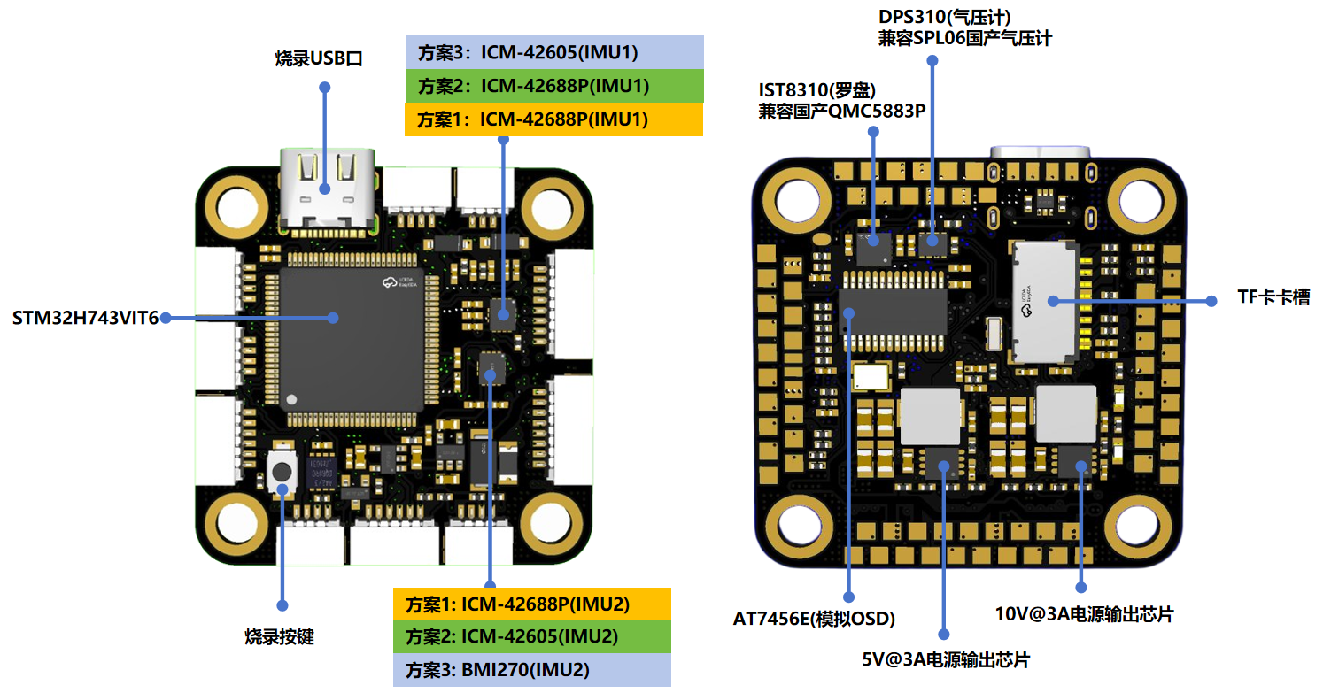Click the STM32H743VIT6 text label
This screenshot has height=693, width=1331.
coord(85,318)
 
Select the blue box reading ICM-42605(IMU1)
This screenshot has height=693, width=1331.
coord(553,52)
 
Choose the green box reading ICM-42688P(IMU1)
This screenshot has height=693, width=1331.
coord(553,86)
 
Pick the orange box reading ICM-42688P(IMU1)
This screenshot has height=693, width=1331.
coord(553,119)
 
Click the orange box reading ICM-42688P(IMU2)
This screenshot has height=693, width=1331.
coord(532,604)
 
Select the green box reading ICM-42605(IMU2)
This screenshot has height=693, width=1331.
coord(532,636)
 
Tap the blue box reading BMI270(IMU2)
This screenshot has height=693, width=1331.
coord(532,669)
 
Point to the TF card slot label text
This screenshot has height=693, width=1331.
coord(1273,298)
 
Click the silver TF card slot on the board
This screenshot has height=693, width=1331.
coord(1046,301)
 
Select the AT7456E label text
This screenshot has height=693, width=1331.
coord(813,618)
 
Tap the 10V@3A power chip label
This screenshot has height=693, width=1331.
coord(1084,613)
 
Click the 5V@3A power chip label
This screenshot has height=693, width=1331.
coord(946,659)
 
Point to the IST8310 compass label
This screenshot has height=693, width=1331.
coord(841,100)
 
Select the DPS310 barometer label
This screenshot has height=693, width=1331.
coord(964,27)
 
